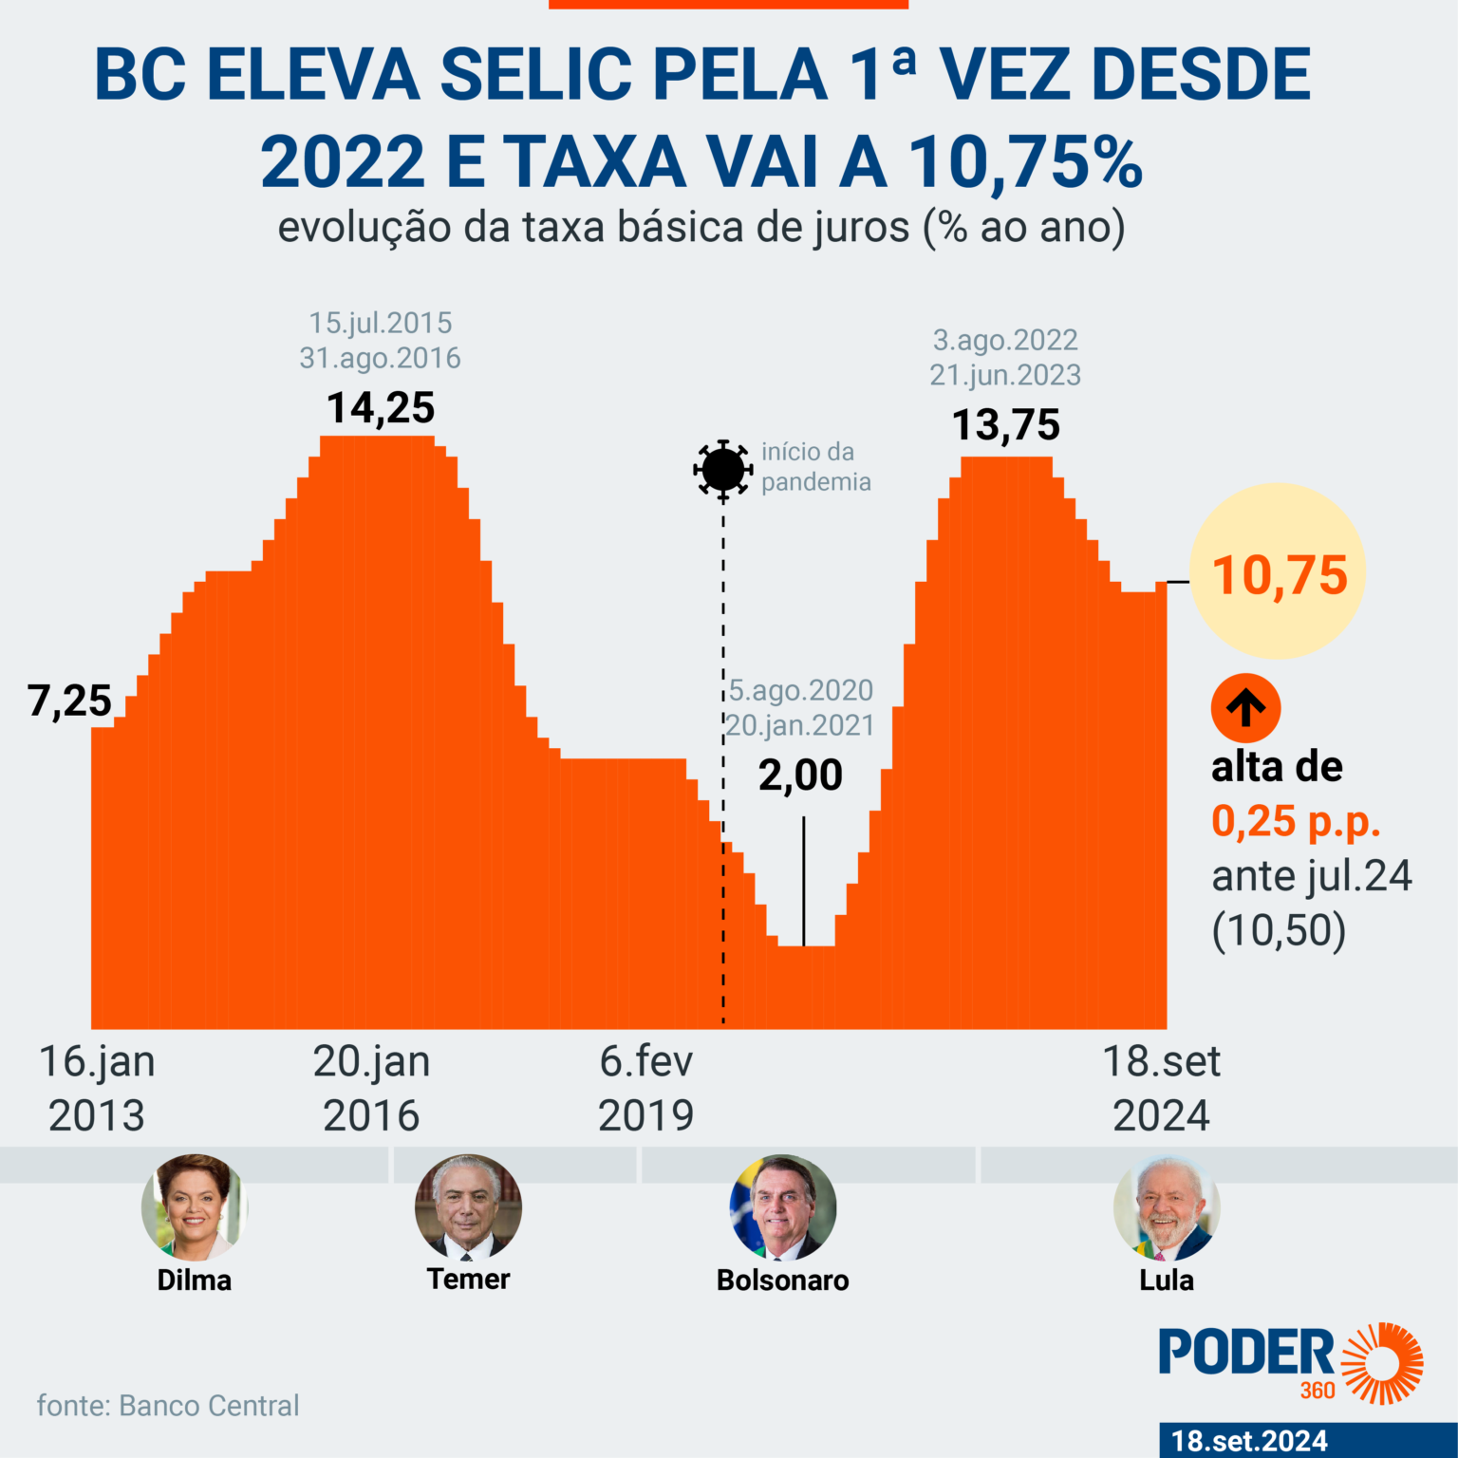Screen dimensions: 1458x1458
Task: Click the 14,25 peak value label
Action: pos(381,408)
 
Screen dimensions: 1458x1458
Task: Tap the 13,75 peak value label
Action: pos(1005,425)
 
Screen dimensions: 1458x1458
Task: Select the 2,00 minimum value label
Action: pos(800,776)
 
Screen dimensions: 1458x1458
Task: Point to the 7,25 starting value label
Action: pos(69,701)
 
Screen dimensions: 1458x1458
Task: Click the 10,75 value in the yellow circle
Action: pos(1280,575)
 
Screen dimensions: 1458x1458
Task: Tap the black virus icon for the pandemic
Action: pos(722,469)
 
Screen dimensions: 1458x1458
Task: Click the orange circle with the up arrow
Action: pos(1245,708)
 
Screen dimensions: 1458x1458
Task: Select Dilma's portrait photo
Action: pos(194,1207)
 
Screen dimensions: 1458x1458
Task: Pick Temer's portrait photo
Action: pos(468,1207)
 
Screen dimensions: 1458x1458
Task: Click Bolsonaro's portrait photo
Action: pos(783,1207)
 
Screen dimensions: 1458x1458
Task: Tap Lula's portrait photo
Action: pos(1166,1207)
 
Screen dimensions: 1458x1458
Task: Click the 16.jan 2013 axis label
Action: pos(97,1088)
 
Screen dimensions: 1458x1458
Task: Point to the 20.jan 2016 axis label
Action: pos(371,1088)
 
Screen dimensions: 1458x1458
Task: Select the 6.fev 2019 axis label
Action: pos(646,1088)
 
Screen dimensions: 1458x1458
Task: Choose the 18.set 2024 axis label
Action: pos(1161,1088)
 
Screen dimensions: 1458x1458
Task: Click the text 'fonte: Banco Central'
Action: pos(168,1406)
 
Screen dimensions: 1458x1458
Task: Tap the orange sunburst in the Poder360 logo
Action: pos(1382,1362)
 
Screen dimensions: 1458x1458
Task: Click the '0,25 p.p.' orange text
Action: pos(1296,821)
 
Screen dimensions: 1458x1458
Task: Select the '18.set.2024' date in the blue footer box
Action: pos(1249,1441)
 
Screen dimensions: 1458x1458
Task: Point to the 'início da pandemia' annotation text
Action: pos(815,467)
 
